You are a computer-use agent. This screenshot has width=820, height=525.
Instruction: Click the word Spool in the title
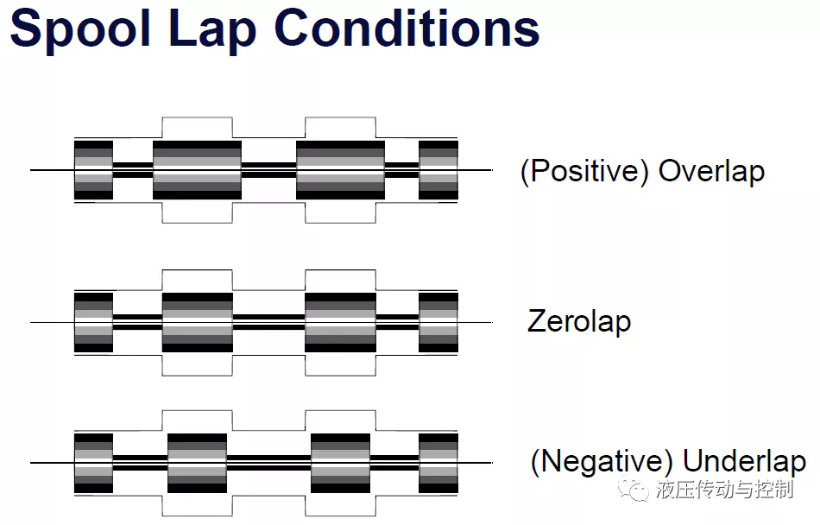pos(80,29)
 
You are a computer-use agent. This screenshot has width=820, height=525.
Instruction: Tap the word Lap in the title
pos(212,29)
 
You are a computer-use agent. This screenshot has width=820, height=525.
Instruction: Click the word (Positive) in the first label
pos(584,172)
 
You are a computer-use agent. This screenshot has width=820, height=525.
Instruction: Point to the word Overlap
pos(711,172)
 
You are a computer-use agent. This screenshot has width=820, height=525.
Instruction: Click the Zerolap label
pos(579,321)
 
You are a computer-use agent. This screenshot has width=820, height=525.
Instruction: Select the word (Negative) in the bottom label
pos(602,461)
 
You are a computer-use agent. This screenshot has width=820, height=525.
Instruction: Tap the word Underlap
pos(744,461)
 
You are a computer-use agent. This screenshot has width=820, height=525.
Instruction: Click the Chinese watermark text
pos(724,490)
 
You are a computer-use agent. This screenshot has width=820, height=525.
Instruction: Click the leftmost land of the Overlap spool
pos(93,170)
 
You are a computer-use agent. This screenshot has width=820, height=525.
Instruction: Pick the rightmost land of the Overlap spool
pos(438,170)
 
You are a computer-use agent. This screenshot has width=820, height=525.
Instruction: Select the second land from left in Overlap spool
pos(197,170)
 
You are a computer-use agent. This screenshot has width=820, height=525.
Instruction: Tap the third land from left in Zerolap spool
pos(340,322)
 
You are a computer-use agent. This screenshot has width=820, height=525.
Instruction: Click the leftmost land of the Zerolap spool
pos(93,322)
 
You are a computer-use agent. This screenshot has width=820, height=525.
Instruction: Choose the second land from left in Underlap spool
pos(197,463)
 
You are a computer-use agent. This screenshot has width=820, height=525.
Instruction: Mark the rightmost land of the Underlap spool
pos(438,463)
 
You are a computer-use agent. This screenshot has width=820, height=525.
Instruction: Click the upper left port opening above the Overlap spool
pos(197,128)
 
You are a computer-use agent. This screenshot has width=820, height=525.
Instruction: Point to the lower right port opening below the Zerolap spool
pos(340,365)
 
